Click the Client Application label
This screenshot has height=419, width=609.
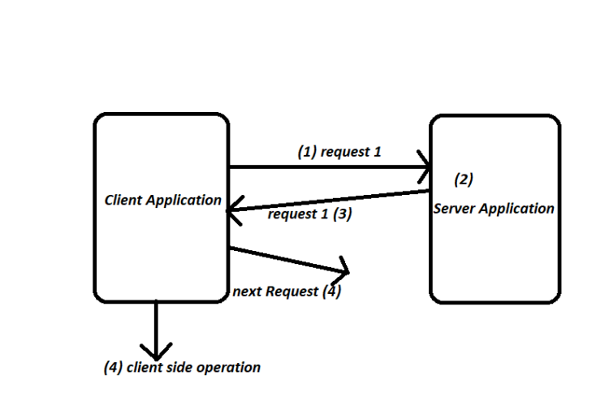coord(162,200)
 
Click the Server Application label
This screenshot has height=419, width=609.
coord(494,209)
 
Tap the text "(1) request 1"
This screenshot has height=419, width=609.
coord(339,152)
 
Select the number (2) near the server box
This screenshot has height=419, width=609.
coord(463,179)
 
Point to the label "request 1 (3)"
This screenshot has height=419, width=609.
coord(309,214)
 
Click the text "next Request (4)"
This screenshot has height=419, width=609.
coord(287,292)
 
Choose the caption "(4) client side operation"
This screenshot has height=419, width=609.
coord(182,367)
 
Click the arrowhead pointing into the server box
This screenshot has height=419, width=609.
coord(425,167)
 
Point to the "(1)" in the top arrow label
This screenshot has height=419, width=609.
coord(307,152)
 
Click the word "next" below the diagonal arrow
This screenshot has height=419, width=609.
coord(246,292)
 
